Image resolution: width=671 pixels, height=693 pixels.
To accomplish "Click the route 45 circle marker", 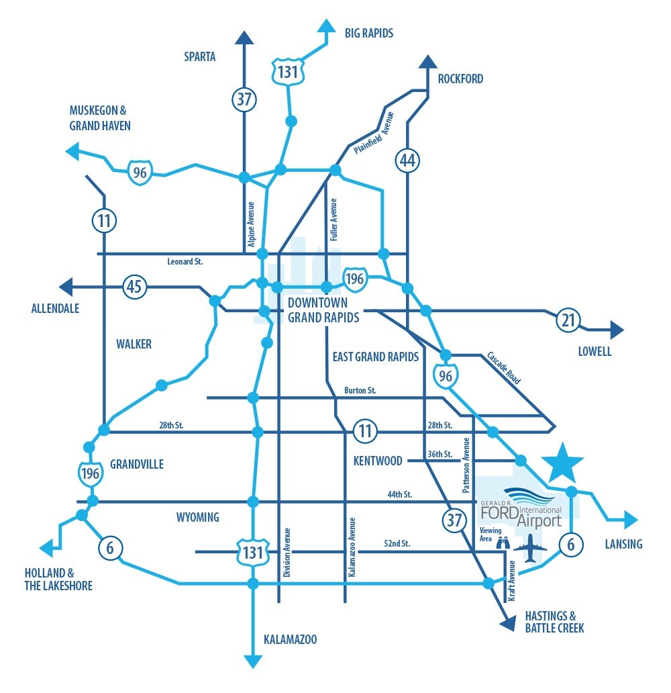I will pos(134,287).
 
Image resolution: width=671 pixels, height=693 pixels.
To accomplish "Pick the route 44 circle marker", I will pos(407,160).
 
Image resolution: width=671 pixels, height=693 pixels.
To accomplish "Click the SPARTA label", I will pos(200,56).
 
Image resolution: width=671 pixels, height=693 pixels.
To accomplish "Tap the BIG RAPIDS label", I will pos(368,32).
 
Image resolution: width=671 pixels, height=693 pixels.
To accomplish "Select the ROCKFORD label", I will pos(460,79).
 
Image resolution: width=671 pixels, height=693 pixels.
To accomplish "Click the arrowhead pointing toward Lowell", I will pos(617,329).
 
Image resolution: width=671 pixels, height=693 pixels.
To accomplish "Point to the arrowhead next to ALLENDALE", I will pos(66,287).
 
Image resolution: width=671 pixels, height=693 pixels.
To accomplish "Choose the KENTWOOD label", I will pos(378,461).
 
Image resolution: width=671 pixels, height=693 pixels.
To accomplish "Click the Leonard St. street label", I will pos(185,261).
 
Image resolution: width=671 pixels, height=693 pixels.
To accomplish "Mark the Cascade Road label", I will pos(503,367).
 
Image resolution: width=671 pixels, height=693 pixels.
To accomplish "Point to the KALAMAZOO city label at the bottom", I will pos(290,639).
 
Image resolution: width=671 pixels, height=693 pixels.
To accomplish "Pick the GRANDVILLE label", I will pos(137,464).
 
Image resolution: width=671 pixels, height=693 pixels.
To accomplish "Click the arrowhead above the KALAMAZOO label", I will pos(253,661).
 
